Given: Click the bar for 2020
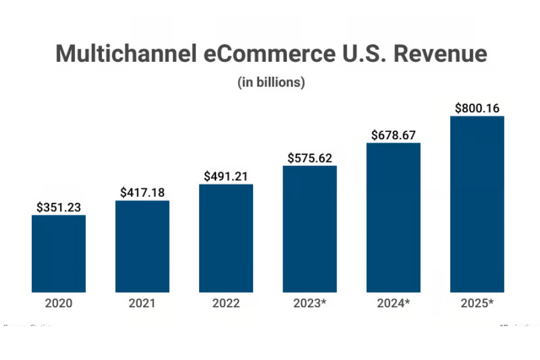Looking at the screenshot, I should (x=58, y=253).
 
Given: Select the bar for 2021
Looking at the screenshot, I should (x=142, y=246).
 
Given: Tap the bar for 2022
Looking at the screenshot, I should (x=226, y=238).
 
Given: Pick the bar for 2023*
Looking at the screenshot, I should (x=310, y=229).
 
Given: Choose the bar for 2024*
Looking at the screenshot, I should (x=393, y=217).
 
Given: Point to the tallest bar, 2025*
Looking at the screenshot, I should (x=477, y=204).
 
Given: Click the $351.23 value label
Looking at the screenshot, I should (x=58, y=208).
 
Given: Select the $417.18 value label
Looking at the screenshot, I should (x=142, y=193).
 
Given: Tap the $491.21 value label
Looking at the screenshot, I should (x=226, y=176).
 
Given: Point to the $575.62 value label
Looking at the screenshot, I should (x=310, y=158).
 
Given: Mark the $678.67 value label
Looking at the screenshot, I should (x=393, y=135).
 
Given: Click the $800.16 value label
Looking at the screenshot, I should (x=477, y=109).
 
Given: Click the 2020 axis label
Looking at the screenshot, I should (x=58, y=304).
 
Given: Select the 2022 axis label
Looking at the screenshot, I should (x=226, y=304).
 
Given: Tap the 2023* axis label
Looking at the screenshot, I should (x=310, y=304).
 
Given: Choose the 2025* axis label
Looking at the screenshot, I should (x=477, y=304).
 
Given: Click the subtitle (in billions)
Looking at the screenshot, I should (x=271, y=83).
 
